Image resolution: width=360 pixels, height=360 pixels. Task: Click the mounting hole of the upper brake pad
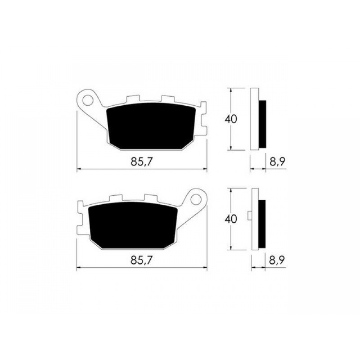(87, 100)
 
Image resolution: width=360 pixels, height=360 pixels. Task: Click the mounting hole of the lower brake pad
(196, 199)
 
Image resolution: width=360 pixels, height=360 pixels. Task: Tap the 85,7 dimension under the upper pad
(141, 162)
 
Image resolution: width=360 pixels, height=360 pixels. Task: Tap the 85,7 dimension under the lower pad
(141, 261)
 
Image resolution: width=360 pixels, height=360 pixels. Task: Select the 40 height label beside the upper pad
(231, 119)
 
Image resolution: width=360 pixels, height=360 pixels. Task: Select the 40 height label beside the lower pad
(231, 219)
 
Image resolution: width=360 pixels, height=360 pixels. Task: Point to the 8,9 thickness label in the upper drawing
(277, 162)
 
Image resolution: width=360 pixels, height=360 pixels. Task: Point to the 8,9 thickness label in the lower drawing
(277, 261)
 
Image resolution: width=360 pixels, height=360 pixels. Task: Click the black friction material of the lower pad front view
(133, 225)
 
